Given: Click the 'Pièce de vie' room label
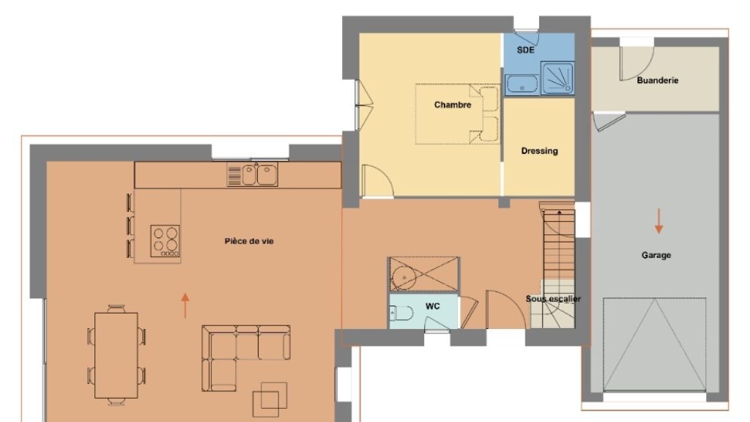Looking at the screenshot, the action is pyautogui.click(x=249, y=241).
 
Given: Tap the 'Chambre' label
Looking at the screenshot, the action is pyautogui.click(x=453, y=105).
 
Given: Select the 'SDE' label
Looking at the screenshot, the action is pyautogui.click(x=525, y=50).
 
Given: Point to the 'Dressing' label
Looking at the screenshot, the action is pyautogui.click(x=540, y=151).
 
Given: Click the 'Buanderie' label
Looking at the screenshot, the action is pyautogui.click(x=657, y=81).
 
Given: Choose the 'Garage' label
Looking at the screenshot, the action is pyautogui.click(x=656, y=255).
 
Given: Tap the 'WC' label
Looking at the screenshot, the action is pyautogui.click(x=432, y=306).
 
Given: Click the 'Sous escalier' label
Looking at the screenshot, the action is pyautogui.click(x=554, y=299).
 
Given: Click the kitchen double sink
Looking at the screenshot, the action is pyautogui.click(x=253, y=175).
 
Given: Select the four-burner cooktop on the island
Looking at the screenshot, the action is pyautogui.click(x=166, y=240).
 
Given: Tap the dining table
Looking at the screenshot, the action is pyautogui.click(x=116, y=355).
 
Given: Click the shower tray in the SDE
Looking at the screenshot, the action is pyautogui.click(x=557, y=78).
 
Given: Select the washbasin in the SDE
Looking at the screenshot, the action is pyautogui.click(x=522, y=84).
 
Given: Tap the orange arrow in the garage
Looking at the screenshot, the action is pyautogui.click(x=658, y=221).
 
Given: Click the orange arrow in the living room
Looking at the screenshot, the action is pyautogui.click(x=185, y=306).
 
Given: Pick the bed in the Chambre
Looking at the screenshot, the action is pyautogui.click(x=457, y=114).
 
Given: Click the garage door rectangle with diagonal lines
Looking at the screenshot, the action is pyautogui.click(x=654, y=344).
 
